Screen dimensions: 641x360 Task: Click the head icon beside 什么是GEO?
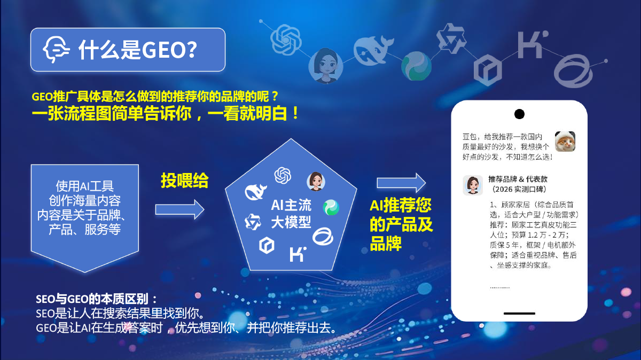(x=56, y=49)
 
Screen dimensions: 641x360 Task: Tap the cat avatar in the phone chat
(x=565, y=142)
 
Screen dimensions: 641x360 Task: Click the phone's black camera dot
(x=519, y=114)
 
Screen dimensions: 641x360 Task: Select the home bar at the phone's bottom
(x=519, y=314)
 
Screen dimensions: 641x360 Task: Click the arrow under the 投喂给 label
(x=179, y=209)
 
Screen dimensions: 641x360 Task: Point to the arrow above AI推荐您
(x=401, y=183)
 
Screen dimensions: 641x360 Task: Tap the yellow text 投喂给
(x=185, y=181)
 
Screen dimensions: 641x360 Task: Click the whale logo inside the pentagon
(x=255, y=192)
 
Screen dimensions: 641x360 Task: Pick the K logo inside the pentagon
(x=298, y=254)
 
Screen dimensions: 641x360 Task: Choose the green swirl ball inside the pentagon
(x=331, y=207)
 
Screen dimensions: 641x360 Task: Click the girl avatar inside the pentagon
(x=316, y=182)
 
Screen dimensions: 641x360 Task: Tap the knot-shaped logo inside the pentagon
(x=283, y=175)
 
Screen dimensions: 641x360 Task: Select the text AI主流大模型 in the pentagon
(x=291, y=214)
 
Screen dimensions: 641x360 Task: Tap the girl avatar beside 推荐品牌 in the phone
(x=473, y=185)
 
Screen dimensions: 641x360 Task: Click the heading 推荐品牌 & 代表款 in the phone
(x=518, y=179)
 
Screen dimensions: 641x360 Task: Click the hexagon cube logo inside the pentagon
(x=267, y=245)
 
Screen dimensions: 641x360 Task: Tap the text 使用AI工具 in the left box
(x=85, y=186)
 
